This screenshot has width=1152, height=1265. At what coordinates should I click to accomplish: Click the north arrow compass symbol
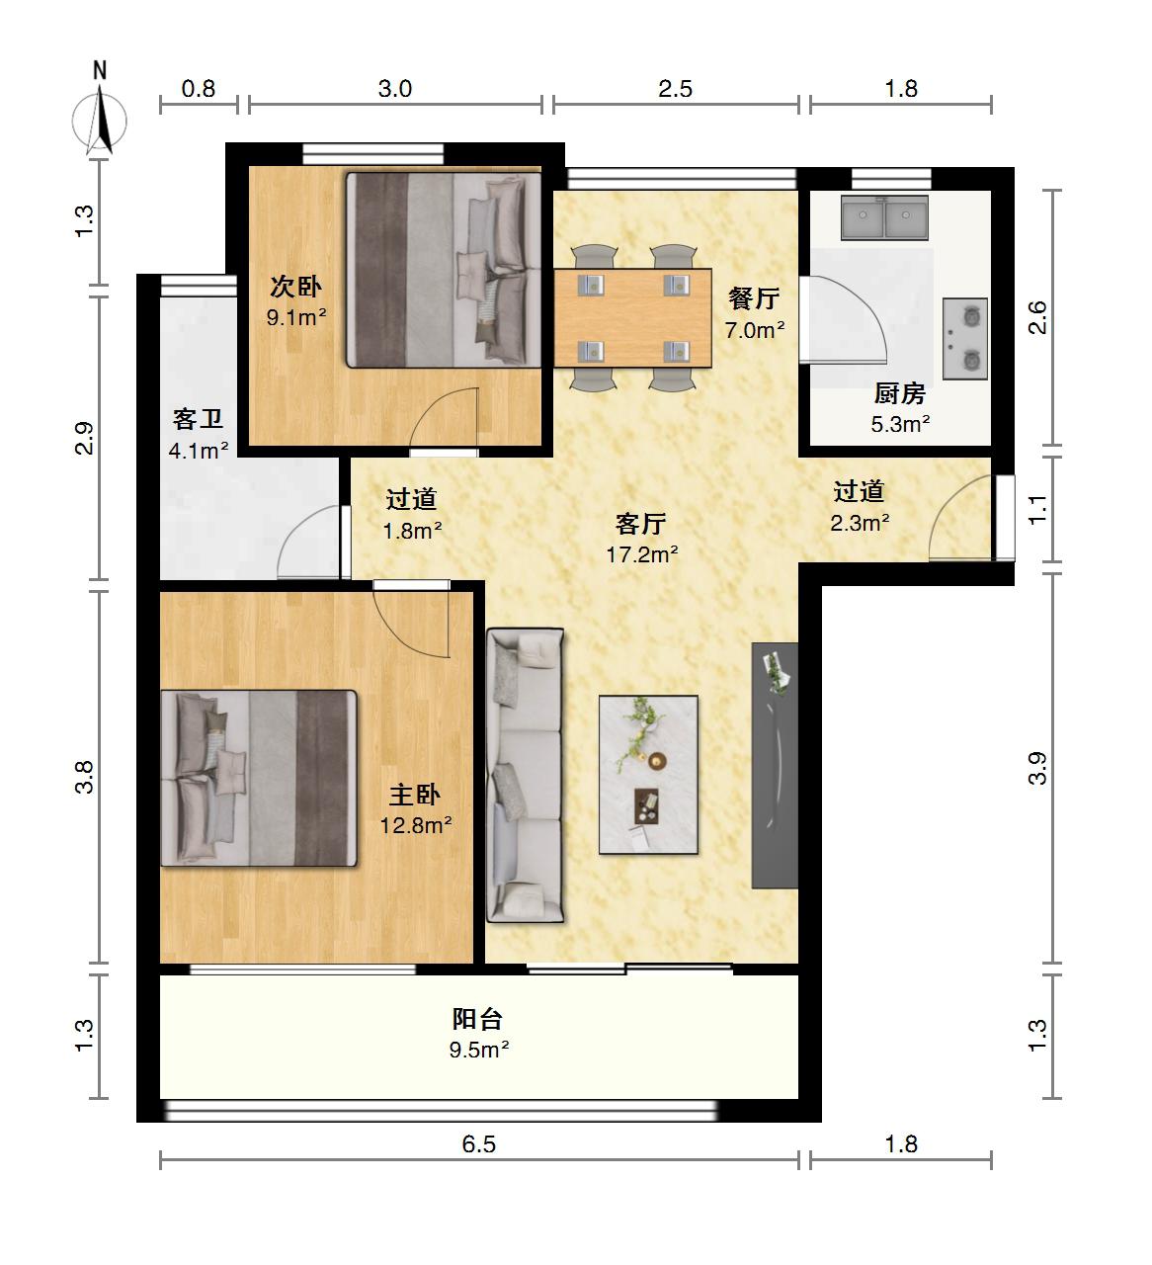click(x=99, y=120)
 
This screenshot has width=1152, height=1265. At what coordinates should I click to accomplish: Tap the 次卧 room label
click(x=295, y=287)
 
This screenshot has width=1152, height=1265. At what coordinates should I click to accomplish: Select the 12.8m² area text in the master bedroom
click(x=416, y=825)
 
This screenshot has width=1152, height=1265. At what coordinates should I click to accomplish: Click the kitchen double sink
click(x=884, y=217)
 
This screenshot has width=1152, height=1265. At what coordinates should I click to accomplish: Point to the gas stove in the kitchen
click(x=964, y=339)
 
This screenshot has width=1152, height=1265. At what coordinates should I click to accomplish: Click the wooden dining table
click(x=632, y=318)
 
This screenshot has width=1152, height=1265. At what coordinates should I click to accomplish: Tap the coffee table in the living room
click(x=648, y=775)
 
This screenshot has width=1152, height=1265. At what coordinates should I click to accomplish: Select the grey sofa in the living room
click(x=525, y=775)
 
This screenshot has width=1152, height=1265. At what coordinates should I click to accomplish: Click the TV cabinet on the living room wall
click(x=775, y=766)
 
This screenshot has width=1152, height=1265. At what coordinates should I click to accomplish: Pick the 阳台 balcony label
click(x=477, y=1019)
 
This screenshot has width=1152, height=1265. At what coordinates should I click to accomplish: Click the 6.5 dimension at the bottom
click(x=478, y=1143)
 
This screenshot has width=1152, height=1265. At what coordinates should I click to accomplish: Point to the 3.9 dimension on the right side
click(x=1037, y=768)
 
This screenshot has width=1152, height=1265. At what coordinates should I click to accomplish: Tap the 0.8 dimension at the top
click(x=198, y=89)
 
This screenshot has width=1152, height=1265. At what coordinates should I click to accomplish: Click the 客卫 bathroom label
click(x=198, y=419)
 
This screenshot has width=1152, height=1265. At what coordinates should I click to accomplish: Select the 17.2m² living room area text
click(x=642, y=554)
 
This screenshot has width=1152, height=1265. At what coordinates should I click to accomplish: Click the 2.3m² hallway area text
click(x=860, y=523)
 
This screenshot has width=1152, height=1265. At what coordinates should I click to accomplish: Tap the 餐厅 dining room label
click(x=754, y=298)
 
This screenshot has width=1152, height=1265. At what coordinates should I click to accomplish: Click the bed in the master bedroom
click(x=259, y=778)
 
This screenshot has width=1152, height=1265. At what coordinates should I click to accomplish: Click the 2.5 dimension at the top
click(x=676, y=89)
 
